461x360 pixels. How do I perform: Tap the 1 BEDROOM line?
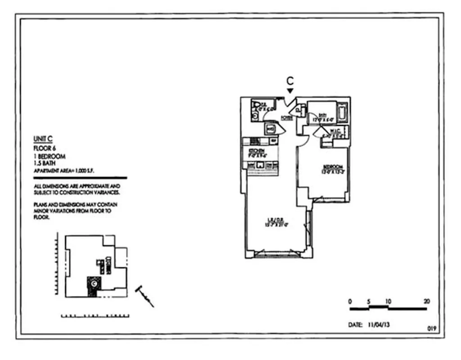49,156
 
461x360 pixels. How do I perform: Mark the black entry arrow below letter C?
290,91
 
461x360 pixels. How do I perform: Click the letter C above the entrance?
290,81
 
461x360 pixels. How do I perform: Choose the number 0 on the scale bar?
351,301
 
